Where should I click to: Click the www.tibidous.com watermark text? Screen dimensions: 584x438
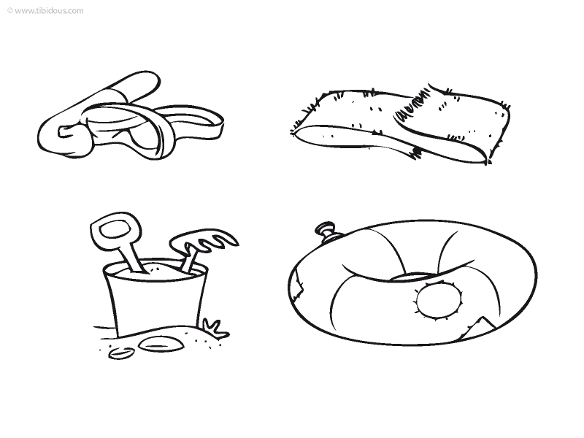coord(49,11)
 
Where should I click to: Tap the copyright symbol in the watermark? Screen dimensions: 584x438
coord(10,11)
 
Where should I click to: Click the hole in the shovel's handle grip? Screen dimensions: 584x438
coord(115,229)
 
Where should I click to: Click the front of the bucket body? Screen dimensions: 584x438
coord(155,305)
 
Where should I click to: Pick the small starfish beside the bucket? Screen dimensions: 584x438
coord(215,328)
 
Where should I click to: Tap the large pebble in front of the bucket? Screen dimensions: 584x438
coord(161,344)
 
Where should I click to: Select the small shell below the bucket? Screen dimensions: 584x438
coord(121,353)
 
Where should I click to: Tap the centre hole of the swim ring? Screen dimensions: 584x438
coord(413,277)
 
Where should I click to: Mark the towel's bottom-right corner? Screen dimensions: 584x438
coord(486,163)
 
